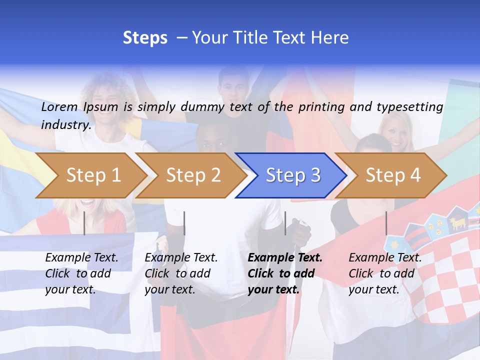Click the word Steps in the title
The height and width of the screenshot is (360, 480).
coord(145,38)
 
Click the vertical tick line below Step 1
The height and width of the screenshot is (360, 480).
coord(84,223)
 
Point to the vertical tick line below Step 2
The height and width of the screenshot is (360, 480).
coord(184,223)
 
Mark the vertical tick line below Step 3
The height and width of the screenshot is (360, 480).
coord(285,223)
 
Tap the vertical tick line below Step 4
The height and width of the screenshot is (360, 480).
coord(386,223)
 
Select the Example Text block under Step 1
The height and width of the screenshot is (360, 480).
coord(81,273)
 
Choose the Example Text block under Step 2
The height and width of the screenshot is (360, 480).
coord(181,273)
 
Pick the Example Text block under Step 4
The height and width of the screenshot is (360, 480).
coord(385,273)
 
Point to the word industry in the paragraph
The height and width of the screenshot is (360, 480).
coord(65,124)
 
